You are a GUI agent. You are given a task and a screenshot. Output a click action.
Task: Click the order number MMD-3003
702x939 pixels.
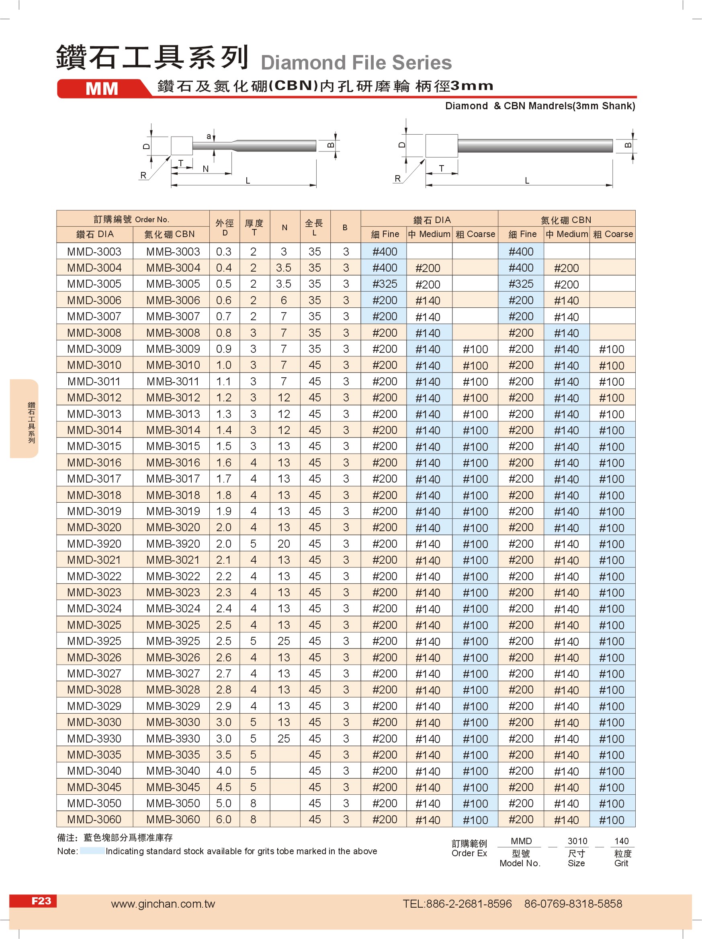pos(94,252)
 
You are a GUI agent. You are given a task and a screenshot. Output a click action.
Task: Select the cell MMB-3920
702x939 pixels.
pos(173,544)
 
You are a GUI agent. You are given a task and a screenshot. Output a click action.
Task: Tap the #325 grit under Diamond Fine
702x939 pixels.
pos(385,284)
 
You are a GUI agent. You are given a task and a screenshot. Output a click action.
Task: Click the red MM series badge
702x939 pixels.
pos(102,89)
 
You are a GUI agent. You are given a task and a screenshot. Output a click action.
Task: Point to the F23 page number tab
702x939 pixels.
pos(41,901)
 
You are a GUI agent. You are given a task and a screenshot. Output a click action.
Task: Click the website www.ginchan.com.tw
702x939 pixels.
pos(163,904)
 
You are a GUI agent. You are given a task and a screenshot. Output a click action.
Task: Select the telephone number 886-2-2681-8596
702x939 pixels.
pos(469,904)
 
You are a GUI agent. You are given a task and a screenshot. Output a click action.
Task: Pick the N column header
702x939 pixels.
pos(284,227)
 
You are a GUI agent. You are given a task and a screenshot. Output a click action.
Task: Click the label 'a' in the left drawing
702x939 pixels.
pos(209,136)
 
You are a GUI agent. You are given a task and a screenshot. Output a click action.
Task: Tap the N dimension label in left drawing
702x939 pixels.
pos(205,169)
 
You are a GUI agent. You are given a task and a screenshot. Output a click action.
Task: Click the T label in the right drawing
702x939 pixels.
pos(441,168)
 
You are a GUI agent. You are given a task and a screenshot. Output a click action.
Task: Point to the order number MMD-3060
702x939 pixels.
pos(94,819)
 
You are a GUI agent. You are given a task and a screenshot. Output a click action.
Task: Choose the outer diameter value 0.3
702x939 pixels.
pos(224,252)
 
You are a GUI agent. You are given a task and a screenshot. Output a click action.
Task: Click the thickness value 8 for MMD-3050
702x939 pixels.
pos(254,803)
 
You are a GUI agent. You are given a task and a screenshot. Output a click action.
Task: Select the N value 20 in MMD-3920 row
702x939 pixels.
pos(284,544)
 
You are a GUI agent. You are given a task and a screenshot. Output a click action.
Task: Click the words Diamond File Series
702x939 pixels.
pos(356,63)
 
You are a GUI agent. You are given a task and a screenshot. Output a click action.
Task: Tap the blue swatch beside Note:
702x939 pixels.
pos(92,851)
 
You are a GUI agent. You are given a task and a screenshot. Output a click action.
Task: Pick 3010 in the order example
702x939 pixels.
pos(577,841)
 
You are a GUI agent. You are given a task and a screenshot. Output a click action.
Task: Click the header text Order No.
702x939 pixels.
pos(151,219)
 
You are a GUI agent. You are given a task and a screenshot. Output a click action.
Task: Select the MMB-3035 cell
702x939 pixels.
pos(173,755)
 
